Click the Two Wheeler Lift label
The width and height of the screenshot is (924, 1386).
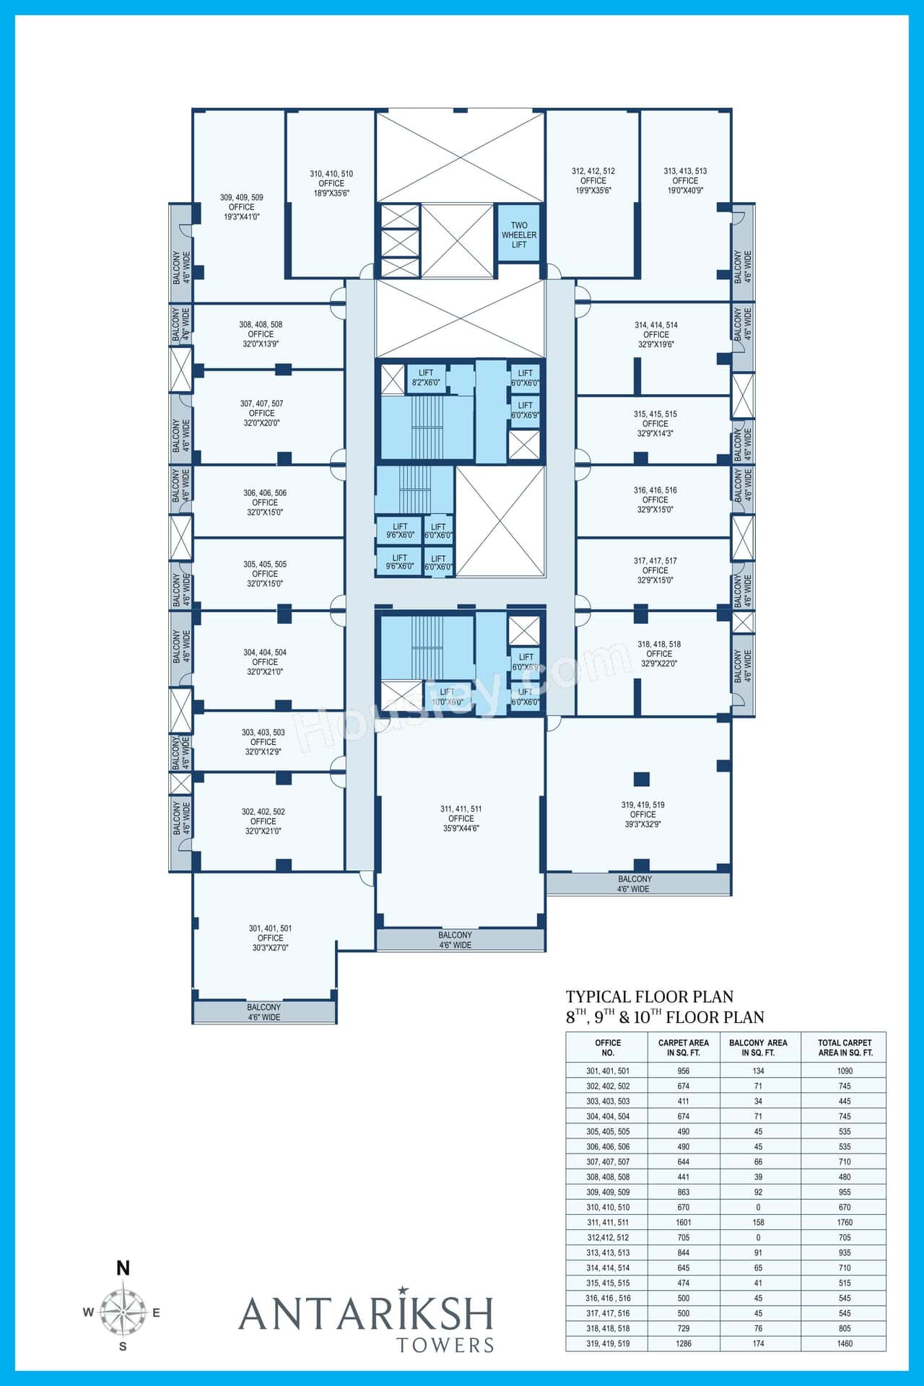pyautogui.click(x=519, y=235)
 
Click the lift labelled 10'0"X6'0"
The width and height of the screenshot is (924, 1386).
pyautogui.click(x=447, y=697)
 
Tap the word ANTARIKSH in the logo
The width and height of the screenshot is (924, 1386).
pyautogui.click(x=366, y=1314)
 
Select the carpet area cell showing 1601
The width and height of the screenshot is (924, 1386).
pyautogui.click(x=683, y=1222)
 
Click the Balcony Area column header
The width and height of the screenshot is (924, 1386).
pyautogui.click(x=758, y=1047)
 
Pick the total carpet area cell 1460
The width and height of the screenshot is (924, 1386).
pyautogui.click(x=844, y=1343)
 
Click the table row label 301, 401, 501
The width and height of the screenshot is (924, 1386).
pyautogui.click(x=607, y=1071)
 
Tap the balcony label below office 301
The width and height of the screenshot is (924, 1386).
pyautogui.click(x=263, y=1012)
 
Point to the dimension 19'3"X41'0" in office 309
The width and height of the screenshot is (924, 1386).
pyautogui.click(x=242, y=217)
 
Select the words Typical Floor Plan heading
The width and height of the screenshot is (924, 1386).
pyautogui.click(x=649, y=997)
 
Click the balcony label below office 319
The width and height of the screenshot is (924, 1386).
pyautogui.click(x=635, y=884)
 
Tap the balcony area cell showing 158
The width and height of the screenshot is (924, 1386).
pyautogui.click(x=758, y=1222)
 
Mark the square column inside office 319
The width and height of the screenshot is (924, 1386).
pyautogui.click(x=640, y=779)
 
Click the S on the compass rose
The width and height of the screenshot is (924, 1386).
pyautogui.click(x=123, y=1346)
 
